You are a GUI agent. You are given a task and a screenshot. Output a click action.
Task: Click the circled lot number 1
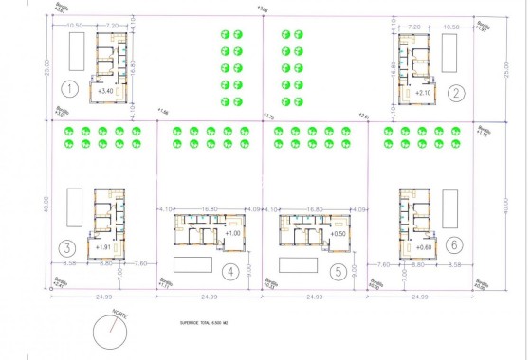click(x=68, y=91)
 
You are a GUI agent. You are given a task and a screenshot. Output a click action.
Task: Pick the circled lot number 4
click(x=229, y=270)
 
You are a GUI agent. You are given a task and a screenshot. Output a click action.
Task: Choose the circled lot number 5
click(x=336, y=270)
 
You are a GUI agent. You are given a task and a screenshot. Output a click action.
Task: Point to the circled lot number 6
click(x=456, y=244)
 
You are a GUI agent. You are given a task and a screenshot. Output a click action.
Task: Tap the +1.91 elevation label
click(x=104, y=247)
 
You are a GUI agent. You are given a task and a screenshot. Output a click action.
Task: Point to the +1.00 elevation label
click(x=234, y=233)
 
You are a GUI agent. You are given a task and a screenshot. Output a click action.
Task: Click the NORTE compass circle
click(x=113, y=335)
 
